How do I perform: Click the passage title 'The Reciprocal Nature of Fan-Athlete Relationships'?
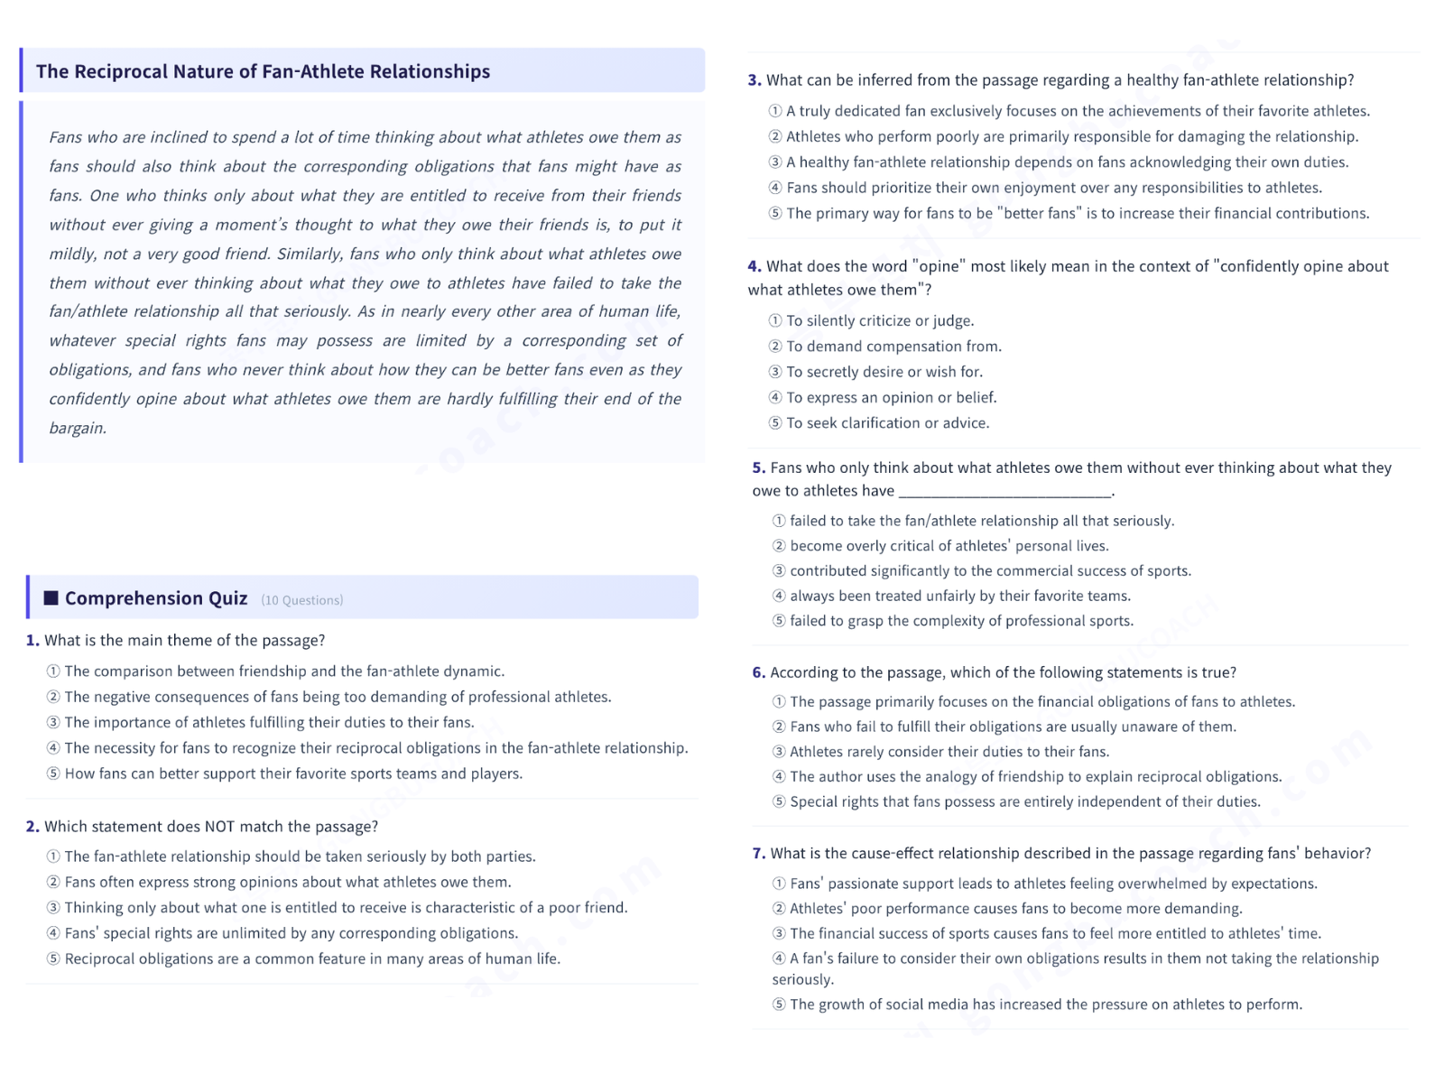[263, 71]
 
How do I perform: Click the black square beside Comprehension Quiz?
[51, 597]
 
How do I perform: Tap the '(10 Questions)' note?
[301, 600]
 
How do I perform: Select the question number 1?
[32, 640]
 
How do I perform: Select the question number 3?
[754, 80]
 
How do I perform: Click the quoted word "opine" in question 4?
[939, 266]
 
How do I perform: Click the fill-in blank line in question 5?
[1005, 492]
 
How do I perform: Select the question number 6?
[758, 672]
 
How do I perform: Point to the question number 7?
[758, 853]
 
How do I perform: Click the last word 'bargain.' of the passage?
[78, 428]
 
